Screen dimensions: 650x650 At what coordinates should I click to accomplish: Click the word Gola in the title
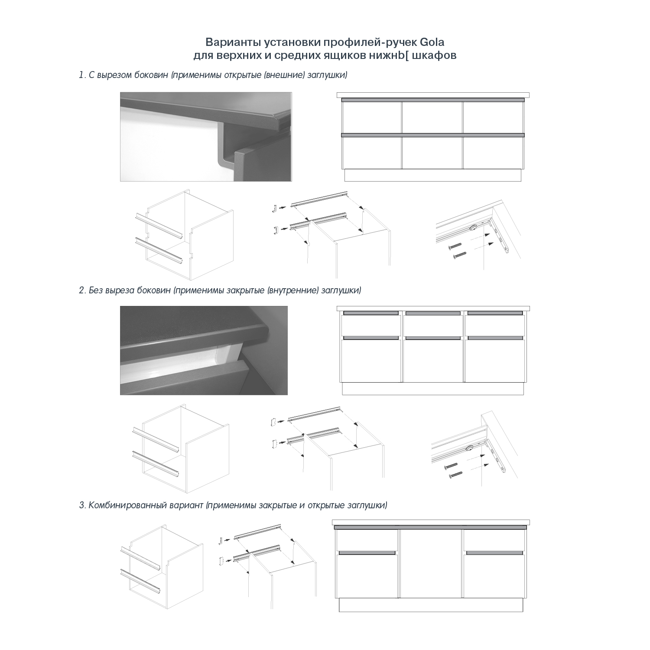click(x=432, y=42)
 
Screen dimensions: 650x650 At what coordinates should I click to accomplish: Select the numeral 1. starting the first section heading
click(x=82, y=75)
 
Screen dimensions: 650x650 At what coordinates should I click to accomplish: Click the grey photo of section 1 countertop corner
click(x=206, y=136)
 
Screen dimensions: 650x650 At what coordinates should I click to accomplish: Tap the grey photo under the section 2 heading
click(x=204, y=350)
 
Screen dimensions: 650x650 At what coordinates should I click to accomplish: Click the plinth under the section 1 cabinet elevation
click(x=432, y=175)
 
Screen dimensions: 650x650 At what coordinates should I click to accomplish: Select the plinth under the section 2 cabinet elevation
click(x=432, y=389)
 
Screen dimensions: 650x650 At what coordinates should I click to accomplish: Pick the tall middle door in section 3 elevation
click(x=431, y=563)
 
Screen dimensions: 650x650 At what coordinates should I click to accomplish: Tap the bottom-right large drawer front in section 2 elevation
click(x=494, y=361)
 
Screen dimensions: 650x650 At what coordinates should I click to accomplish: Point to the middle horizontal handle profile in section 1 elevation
click(x=432, y=135)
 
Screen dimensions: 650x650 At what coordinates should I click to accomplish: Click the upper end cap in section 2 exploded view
click(x=274, y=421)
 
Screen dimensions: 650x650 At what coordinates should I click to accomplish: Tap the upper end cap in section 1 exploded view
click(x=274, y=209)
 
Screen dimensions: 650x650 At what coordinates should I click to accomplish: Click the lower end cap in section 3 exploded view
click(x=221, y=561)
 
